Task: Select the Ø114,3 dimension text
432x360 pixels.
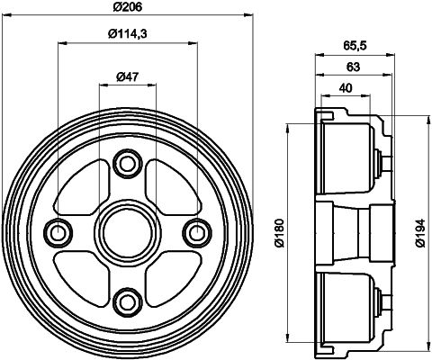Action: click(x=127, y=34)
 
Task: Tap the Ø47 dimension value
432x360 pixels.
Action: click(x=127, y=76)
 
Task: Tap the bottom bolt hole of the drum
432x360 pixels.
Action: click(x=127, y=301)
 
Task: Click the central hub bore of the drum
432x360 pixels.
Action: click(x=127, y=232)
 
